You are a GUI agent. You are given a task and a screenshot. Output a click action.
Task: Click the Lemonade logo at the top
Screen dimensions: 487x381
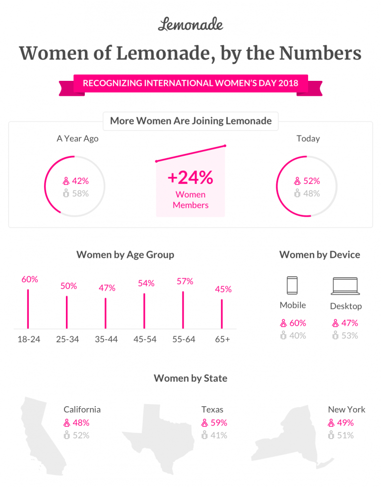(x=190, y=24)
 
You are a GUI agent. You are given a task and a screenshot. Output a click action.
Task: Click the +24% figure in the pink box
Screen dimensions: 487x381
(x=190, y=177)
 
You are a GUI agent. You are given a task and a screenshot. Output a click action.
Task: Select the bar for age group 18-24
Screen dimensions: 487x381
(x=28, y=308)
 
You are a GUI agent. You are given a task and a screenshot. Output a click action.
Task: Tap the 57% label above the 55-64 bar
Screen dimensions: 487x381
(x=185, y=281)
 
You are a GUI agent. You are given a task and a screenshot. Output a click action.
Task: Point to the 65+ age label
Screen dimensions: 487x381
(x=223, y=340)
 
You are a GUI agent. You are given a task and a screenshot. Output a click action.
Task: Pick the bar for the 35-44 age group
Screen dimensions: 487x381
(x=105, y=313)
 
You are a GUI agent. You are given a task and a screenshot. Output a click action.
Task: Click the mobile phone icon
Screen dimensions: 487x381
(x=292, y=286)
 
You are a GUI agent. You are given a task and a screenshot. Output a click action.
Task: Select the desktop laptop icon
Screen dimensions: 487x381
(x=346, y=286)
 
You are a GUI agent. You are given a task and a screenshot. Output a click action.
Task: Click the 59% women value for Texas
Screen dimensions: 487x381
(x=218, y=423)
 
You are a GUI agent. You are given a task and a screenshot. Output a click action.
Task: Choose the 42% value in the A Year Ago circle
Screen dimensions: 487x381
(x=80, y=181)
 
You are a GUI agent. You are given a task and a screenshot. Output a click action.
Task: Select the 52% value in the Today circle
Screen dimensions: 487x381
(x=312, y=181)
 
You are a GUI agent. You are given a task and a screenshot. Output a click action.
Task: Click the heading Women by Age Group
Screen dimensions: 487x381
(x=125, y=255)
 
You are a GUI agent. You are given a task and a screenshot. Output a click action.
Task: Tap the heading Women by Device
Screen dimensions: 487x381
(x=319, y=255)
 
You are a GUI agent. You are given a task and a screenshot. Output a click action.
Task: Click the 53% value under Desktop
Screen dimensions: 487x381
(x=349, y=336)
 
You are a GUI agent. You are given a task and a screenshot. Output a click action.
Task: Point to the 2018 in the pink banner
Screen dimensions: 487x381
(x=288, y=83)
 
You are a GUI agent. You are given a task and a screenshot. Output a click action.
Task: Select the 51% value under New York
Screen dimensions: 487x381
(x=345, y=435)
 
